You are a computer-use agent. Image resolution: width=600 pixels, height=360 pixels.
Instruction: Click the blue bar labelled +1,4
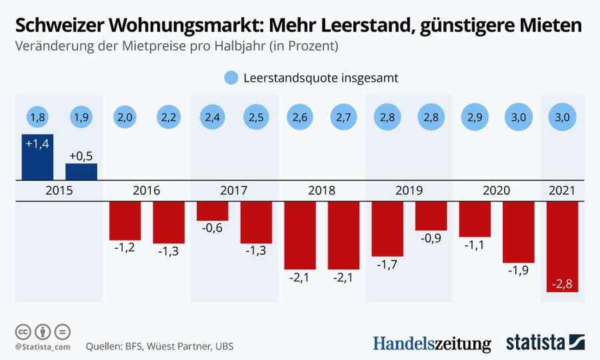point(37,157)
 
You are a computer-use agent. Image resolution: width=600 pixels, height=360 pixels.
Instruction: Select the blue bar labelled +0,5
point(81,171)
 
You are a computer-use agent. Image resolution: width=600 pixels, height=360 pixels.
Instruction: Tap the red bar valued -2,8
point(562,247)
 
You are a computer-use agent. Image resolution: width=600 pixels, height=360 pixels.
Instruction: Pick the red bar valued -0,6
point(213,211)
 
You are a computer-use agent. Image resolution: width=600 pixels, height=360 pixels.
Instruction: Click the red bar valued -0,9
point(431,216)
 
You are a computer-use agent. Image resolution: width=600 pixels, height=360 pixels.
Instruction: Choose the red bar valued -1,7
point(387,229)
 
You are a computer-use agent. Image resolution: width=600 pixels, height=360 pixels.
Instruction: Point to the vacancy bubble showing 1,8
point(37,117)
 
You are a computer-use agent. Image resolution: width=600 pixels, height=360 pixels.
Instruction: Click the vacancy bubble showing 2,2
point(169,117)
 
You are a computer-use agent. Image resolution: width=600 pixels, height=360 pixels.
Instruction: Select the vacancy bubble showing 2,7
point(344,117)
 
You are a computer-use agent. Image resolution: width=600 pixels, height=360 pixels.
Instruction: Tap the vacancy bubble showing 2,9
point(475,117)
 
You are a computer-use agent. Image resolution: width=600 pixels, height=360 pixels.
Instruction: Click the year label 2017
point(234,191)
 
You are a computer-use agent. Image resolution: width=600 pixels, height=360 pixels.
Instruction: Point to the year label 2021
point(562,191)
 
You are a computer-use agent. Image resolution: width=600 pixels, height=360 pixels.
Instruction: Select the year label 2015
point(59,191)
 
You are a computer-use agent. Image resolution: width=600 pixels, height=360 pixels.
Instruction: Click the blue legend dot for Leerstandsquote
point(231,78)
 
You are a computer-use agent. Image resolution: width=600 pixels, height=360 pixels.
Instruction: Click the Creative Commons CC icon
point(23,331)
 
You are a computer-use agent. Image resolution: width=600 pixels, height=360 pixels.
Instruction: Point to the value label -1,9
point(518,271)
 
